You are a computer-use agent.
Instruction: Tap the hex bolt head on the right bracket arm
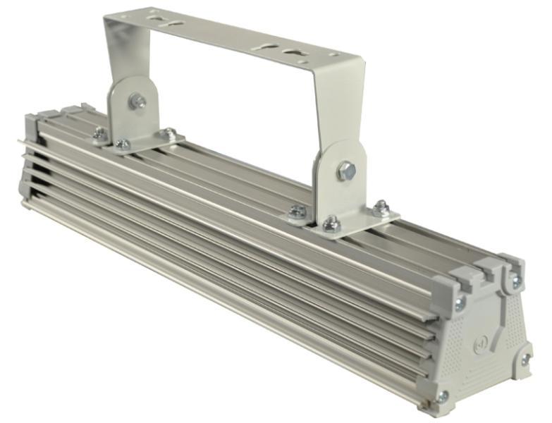[x=345, y=171]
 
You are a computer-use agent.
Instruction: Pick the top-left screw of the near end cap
[x=460, y=304]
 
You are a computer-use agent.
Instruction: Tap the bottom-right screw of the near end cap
[x=525, y=361]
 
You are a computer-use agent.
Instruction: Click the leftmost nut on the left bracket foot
[x=100, y=133]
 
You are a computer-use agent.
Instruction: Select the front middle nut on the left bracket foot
[x=122, y=145]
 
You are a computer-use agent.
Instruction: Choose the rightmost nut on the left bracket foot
[x=169, y=133]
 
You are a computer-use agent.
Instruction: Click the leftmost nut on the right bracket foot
[x=298, y=211]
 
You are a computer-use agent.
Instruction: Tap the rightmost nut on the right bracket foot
[x=381, y=208]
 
